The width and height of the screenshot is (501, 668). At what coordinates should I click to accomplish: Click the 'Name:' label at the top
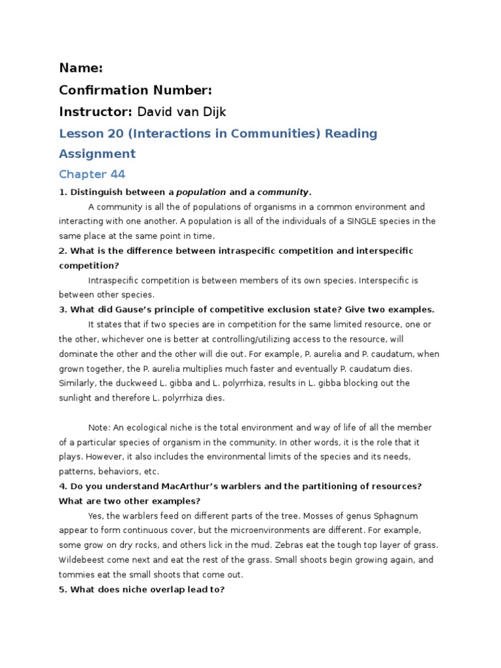tap(81, 68)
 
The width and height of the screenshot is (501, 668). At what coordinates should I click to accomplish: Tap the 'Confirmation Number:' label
tap(136, 90)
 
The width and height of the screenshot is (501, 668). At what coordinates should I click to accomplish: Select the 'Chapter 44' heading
tap(92, 174)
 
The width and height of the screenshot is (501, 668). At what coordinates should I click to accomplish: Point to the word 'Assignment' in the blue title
tap(97, 154)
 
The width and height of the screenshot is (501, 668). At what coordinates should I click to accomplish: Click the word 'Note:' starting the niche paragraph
tap(99, 427)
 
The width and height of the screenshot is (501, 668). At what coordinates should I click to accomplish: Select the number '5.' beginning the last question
tap(63, 589)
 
